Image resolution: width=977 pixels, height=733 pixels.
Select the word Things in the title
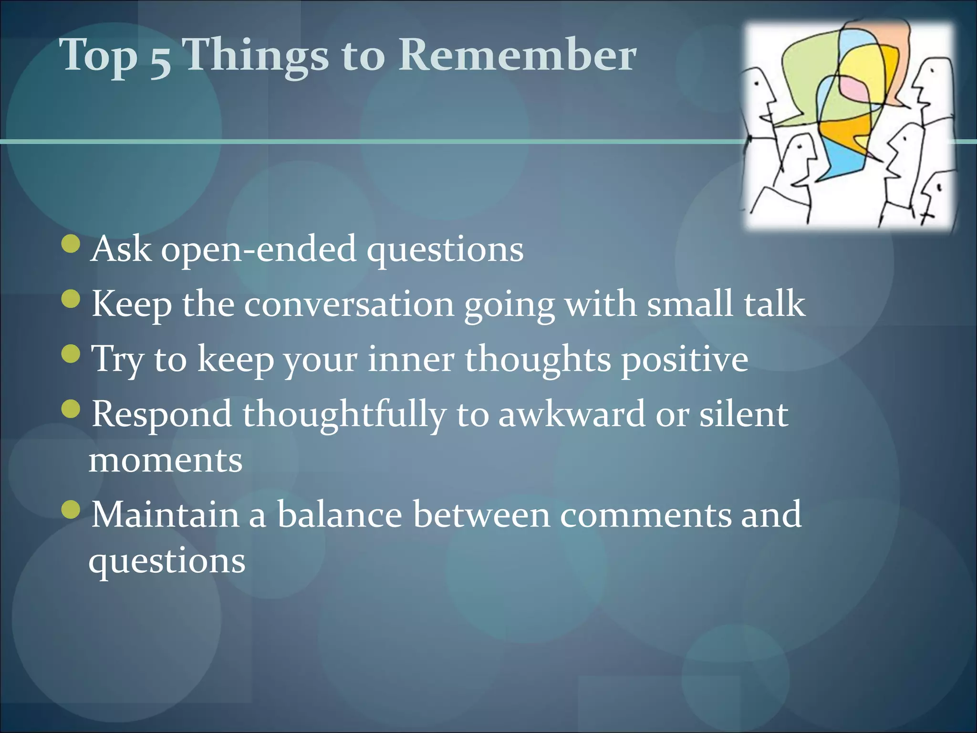pos(256,56)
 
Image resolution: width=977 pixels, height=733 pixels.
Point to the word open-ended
pos(258,250)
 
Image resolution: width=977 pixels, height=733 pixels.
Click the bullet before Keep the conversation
pos(72,299)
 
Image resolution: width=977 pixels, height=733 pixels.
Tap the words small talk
pos(726,304)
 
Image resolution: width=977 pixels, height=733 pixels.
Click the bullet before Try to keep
pos(72,354)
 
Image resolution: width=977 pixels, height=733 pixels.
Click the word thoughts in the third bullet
pos(538,359)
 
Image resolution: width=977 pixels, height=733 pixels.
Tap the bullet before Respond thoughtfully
pos(72,408)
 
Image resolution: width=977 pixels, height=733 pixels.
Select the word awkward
pos(572,414)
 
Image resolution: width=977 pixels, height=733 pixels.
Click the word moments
pos(166,461)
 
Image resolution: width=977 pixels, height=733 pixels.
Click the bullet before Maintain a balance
pos(72,509)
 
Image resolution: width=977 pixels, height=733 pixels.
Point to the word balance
pos(340,515)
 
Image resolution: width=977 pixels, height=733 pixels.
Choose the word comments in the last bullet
pos(645,515)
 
